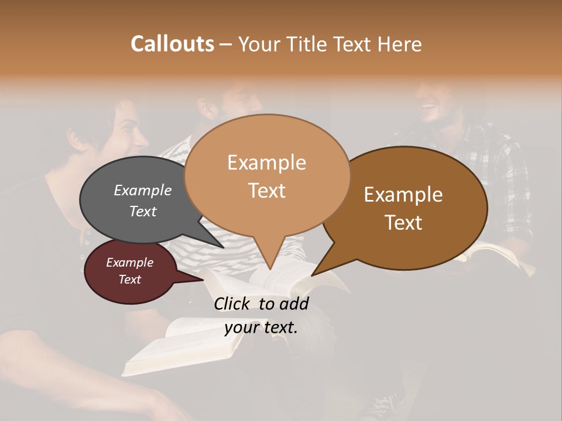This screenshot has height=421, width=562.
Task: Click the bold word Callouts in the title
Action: coord(172,44)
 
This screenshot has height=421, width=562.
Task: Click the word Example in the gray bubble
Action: coord(142,191)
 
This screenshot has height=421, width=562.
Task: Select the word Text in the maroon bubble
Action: coord(130,279)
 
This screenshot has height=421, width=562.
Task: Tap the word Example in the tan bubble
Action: coord(266,163)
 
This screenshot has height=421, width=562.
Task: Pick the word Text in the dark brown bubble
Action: coord(403,223)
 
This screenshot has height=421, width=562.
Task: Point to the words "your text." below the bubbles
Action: coord(261,327)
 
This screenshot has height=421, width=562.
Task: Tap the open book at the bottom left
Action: coord(176,345)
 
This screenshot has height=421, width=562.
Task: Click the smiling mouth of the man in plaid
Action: coord(428,106)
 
